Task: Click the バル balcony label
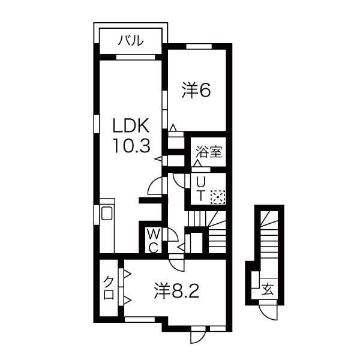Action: (x=130, y=41)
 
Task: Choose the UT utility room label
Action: (x=202, y=188)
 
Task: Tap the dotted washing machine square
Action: (x=217, y=196)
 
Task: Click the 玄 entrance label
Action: (x=268, y=290)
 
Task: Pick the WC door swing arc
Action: (x=172, y=235)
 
